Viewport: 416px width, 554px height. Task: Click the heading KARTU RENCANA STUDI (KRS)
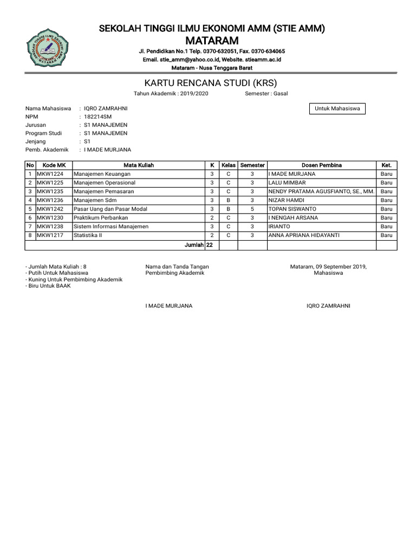pyautogui.click(x=210, y=83)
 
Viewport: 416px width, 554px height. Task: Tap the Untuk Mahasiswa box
pyautogui.click(x=337, y=109)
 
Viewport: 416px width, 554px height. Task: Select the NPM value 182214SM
pyautogui.click(x=98, y=117)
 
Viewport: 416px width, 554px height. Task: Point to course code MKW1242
pyautogui.click(x=50, y=209)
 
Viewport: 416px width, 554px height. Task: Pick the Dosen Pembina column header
pyautogui.click(x=321, y=165)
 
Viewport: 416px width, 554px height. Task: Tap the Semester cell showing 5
pyautogui.click(x=252, y=209)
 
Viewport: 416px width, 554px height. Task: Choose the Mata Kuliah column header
pyautogui.click(x=139, y=165)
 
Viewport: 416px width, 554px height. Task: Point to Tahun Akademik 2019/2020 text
pyautogui.click(x=171, y=94)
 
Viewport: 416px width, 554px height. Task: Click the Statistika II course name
pyautogui.click(x=88, y=235)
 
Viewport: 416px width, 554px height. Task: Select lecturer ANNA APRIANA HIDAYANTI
pyautogui.click(x=305, y=235)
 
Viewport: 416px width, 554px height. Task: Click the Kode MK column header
pyautogui.click(x=54, y=165)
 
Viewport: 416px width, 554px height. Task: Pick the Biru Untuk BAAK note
pyautogui.click(x=48, y=286)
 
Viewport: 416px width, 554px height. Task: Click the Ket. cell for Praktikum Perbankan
pyautogui.click(x=386, y=217)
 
